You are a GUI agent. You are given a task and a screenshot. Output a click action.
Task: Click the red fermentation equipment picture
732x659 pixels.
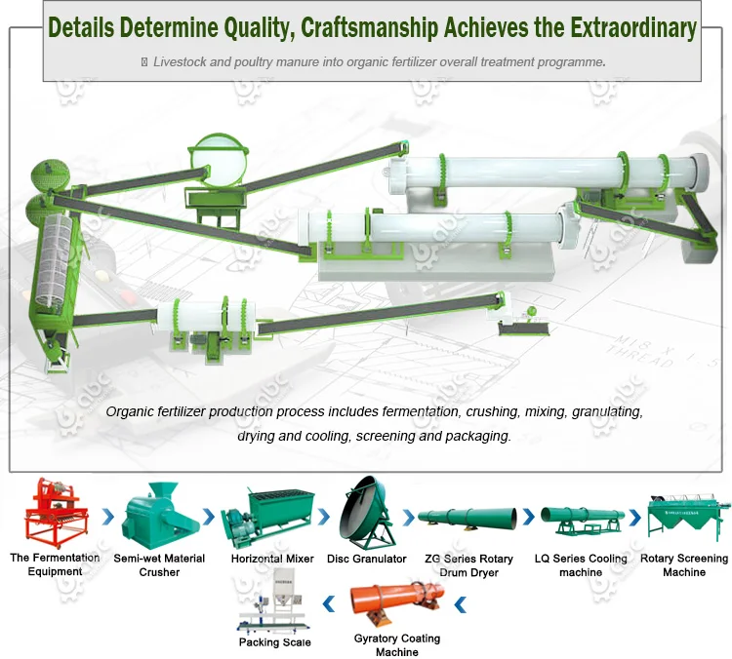[x=55, y=513]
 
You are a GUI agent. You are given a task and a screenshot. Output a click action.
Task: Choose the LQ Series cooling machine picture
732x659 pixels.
[x=580, y=520]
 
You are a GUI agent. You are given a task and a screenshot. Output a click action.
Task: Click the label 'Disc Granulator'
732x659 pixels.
[x=367, y=559]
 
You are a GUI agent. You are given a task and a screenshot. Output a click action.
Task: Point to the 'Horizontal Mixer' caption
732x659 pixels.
[x=272, y=559]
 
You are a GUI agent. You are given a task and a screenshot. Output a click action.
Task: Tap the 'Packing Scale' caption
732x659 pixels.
[x=275, y=642]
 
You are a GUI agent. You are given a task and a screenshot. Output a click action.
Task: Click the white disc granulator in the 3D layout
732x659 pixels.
[x=217, y=157]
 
